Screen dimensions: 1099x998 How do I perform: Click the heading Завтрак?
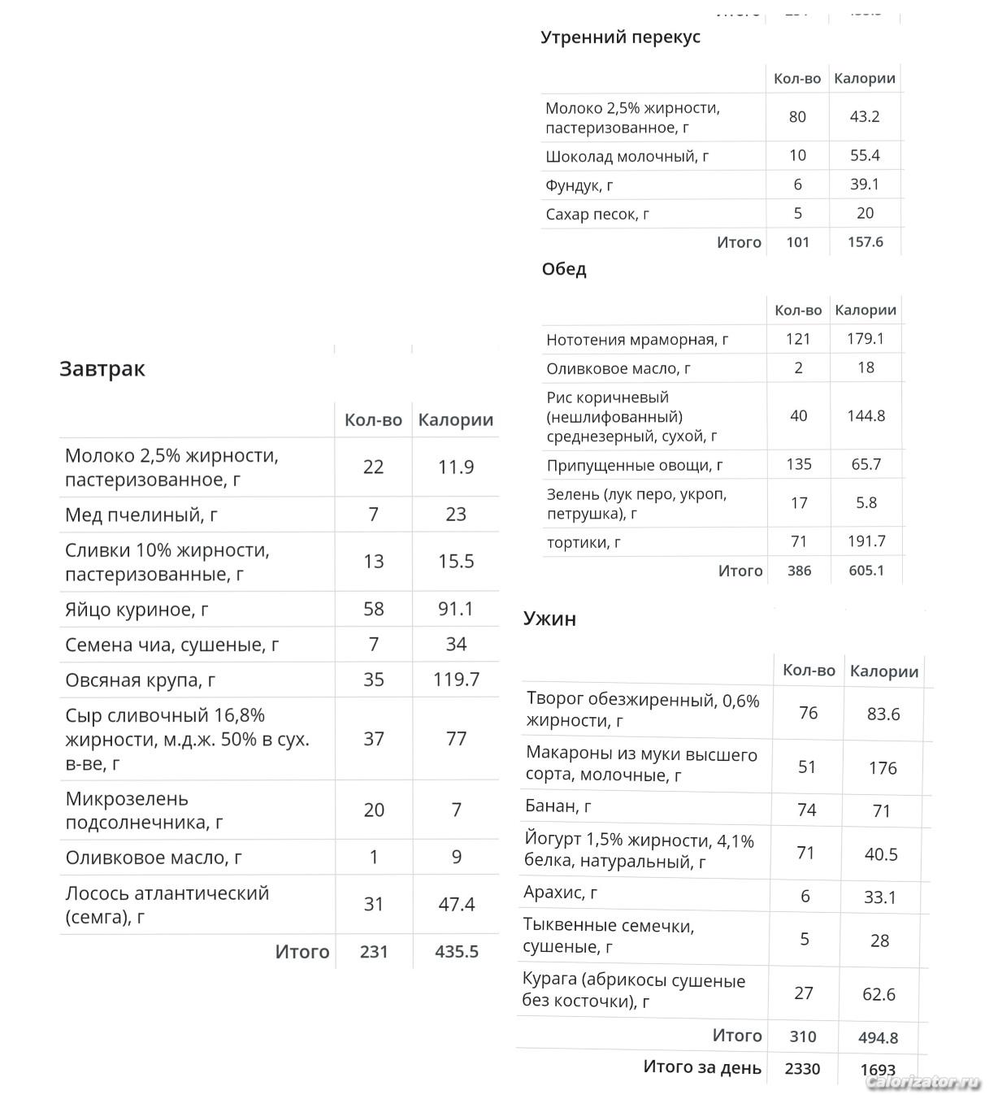click(102, 369)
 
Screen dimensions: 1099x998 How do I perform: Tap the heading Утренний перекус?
click(620, 37)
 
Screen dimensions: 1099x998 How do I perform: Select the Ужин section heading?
click(549, 619)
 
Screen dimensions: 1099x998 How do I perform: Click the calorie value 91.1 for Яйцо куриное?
click(456, 609)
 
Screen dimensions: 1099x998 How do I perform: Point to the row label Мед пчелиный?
click(141, 515)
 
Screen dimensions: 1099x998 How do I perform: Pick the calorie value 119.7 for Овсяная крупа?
click(456, 680)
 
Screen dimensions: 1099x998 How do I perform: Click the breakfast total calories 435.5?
click(456, 951)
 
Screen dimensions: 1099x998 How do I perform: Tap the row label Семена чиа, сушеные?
click(171, 645)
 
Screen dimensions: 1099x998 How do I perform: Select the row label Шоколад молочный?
click(627, 156)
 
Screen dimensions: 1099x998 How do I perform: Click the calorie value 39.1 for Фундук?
click(865, 185)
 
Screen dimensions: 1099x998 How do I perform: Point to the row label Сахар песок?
click(597, 215)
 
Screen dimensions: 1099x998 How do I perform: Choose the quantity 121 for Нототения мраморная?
click(798, 339)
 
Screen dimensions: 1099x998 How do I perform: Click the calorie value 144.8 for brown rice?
click(866, 416)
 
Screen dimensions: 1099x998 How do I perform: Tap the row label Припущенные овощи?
click(635, 465)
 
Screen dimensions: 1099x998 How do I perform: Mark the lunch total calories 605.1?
click(866, 571)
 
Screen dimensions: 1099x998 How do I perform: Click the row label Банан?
click(558, 807)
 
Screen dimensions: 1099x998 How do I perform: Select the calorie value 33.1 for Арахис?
click(879, 897)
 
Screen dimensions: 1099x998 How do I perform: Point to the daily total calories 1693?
click(878, 1070)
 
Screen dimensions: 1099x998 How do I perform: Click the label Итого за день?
click(702, 1067)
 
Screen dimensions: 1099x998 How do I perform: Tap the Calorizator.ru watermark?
click(922, 1082)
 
